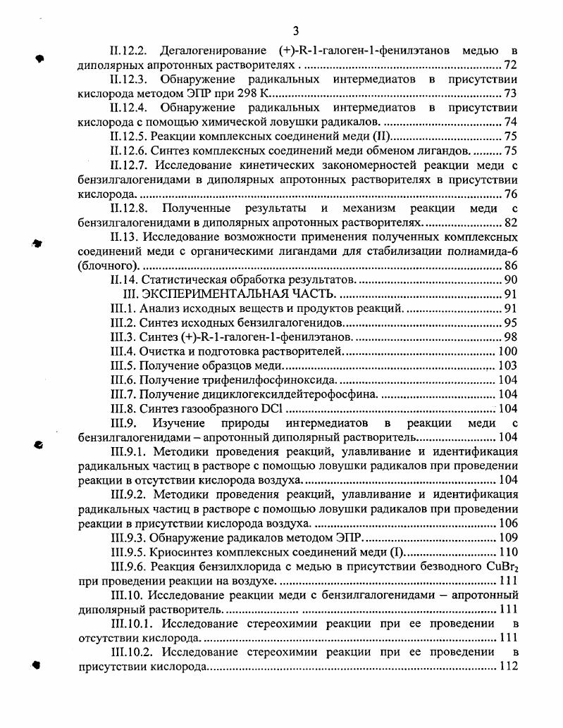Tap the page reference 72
pyautogui.click(x=511, y=65)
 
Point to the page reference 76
pyautogui.click(x=511, y=194)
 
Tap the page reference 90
pyautogui.click(x=511, y=280)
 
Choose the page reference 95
pyautogui.click(x=511, y=322)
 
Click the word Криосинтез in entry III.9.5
pyautogui.click(x=180, y=552)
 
